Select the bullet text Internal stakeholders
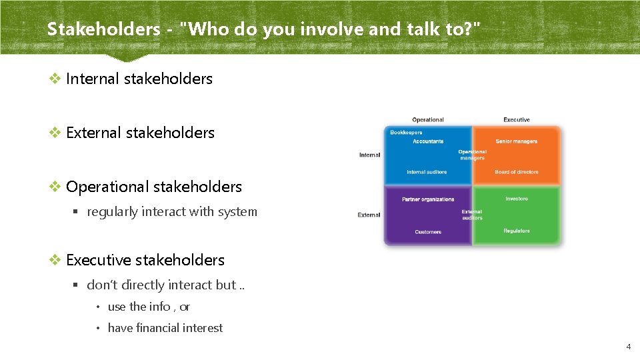pyautogui.click(x=139, y=79)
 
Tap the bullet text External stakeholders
pyautogui.click(x=140, y=133)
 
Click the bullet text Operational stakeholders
pyautogui.click(x=154, y=187)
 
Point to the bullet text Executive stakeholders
pyautogui.click(x=145, y=260)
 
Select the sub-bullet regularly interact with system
pyautogui.click(x=172, y=212)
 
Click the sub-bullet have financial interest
pyautogui.click(x=165, y=328)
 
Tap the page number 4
pyautogui.click(x=627, y=347)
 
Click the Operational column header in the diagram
pyautogui.click(x=428, y=120)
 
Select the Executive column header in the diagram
pyautogui.click(x=517, y=120)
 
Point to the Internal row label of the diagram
pyautogui.click(x=370, y=155)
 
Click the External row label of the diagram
pyautogui.click(x=369, y=215)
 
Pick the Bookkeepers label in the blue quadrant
pyautogui.click(x=407, y=133)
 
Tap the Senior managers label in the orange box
pyautogui.click(x=517, y=141)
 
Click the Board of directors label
pyautogui.click(x=517, y=172)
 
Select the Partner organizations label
pyautogui.click(x=428, y=199)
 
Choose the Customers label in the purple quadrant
pyautogui.click(x=428, y=232)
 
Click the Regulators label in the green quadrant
pyautogui.click(x=517, y=231)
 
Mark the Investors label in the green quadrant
pyautogui.click(x=517, y=199)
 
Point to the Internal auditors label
pyautogui.click(x=427, y=172)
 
